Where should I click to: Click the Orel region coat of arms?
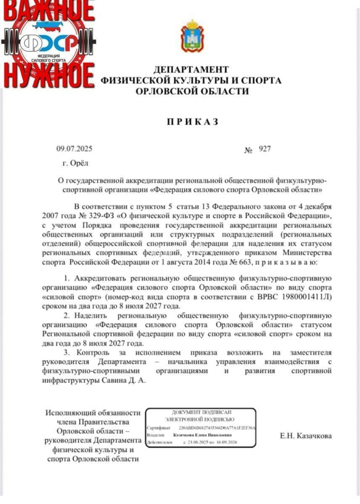coord(192,37)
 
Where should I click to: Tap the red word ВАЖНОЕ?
coord(48,10)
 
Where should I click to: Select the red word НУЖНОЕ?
coord(48,76)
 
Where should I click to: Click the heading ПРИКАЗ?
coord(193,122)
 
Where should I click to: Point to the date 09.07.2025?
coord(74,149)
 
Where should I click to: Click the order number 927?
coord(265,149)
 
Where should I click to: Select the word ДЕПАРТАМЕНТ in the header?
coord(191,70)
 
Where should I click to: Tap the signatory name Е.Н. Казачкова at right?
coord(306,436)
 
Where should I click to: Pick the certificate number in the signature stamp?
coord(217,428)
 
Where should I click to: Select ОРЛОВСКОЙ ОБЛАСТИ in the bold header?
coord(192,91)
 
